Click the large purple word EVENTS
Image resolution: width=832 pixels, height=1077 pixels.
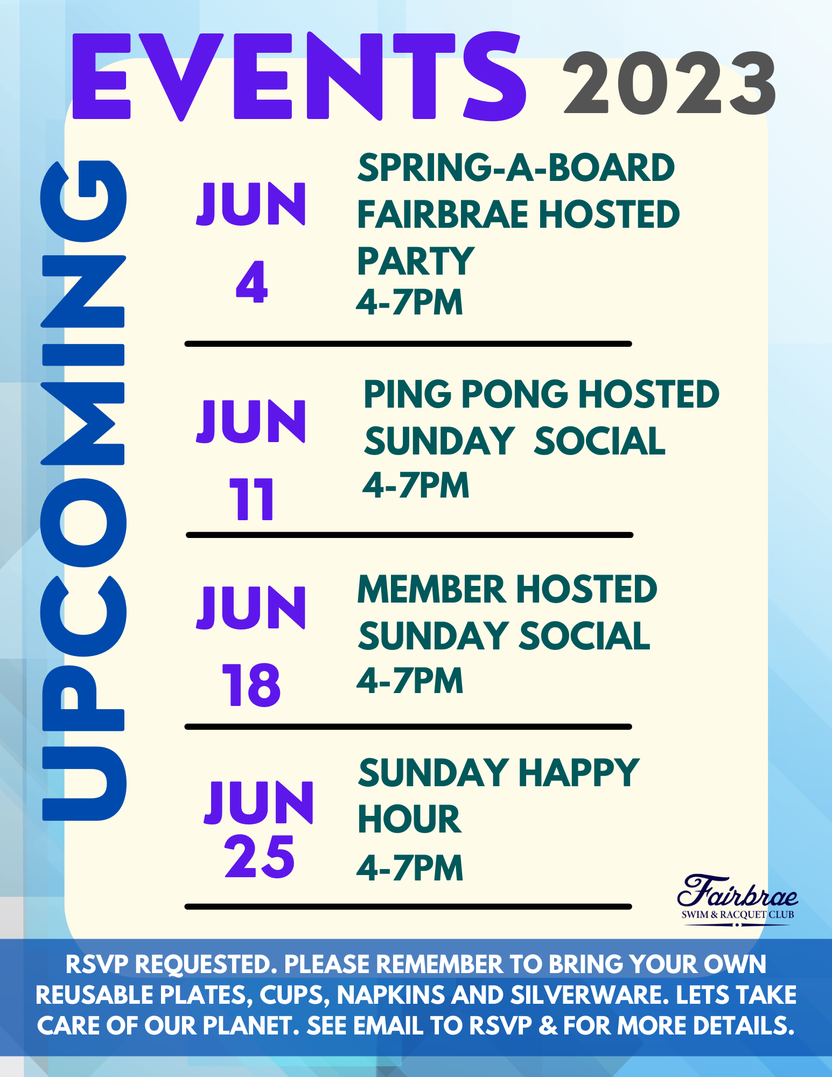pos(299,76)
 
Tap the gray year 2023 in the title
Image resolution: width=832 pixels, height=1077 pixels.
pos(670,83)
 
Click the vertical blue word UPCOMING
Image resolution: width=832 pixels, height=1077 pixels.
pos(83,491)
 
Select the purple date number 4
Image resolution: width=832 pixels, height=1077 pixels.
pos(251,282)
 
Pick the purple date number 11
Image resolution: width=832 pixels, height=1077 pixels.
pos(251,499)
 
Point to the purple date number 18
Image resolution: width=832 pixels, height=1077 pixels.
pos(251,685)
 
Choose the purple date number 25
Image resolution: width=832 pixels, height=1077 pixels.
pos(260,857)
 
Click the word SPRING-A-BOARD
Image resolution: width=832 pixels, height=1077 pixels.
pos(516,167)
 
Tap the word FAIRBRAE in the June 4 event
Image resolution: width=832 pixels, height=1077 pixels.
pos(443,214)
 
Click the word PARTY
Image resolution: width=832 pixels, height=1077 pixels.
pos(416,261)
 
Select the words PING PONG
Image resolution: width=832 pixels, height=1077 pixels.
pos(466,394)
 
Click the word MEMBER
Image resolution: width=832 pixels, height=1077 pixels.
pos(431,589)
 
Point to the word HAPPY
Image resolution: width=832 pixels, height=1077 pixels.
pos(579,773)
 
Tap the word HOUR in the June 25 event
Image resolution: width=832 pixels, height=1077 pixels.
pos(409,820)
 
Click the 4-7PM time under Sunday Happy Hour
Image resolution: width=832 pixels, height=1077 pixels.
pos(410,868)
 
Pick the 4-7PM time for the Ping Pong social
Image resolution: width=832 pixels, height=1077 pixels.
pos(416,485)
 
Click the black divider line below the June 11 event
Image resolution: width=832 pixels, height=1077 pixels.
pos(409,535)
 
